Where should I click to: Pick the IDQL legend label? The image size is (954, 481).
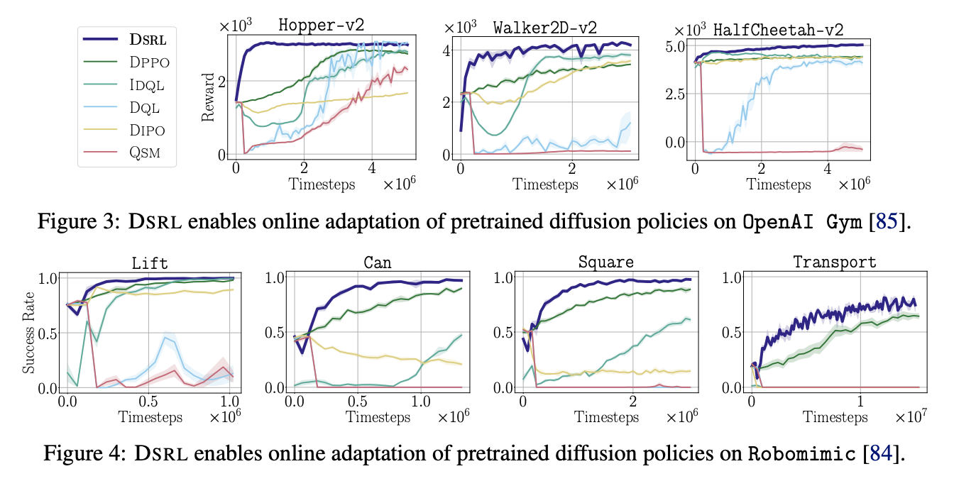click(147, 85)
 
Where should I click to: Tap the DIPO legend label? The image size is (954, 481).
click(148, 130)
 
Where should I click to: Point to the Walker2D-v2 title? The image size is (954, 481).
click(544, 28)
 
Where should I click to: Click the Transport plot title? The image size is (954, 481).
click(834, 261)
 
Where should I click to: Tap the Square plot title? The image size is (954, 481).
click(605, 261)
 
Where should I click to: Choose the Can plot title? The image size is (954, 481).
click(377, 262)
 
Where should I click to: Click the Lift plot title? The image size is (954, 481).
click(149, 262)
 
